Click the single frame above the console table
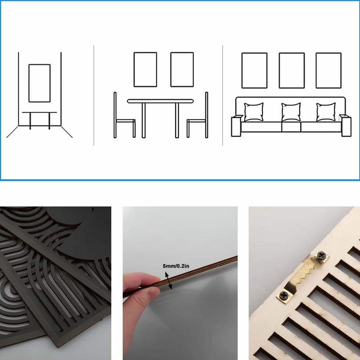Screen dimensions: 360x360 (x=29, y=83)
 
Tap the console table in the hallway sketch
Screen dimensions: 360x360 (x=40, y=112)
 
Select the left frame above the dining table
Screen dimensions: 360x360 (x=134, y=69)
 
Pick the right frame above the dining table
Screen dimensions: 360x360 (x=171, y=69)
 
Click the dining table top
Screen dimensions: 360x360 (x=161, y=101)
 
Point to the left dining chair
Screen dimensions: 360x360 (x=115, y=115)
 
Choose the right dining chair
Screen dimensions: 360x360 (x=206, y=115)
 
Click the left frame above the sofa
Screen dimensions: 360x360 (x=242, y=71)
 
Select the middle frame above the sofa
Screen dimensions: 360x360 (x=280, y=71)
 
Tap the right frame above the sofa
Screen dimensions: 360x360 (x=316, y=71)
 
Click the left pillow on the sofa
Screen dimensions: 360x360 (x=254, y=112)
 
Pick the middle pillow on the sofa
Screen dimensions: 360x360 (x=291, y=112)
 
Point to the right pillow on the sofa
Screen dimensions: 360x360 (x=326, y=112)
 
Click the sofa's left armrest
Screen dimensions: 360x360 (x=236, y=126)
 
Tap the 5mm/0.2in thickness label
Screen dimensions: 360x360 (x=176, y=266)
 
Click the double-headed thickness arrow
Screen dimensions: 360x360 (x=169, y=281)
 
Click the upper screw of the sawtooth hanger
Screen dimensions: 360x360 (x=321, y=255)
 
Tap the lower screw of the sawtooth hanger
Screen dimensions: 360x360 (x=284, y=295)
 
